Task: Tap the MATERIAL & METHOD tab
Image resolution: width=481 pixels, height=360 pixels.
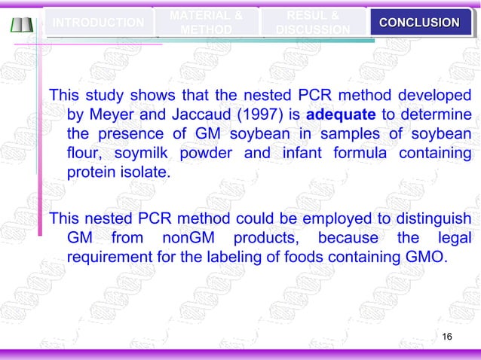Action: click(x=206, y=22)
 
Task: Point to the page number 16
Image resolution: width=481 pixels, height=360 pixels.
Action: click(x=446, y=335)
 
